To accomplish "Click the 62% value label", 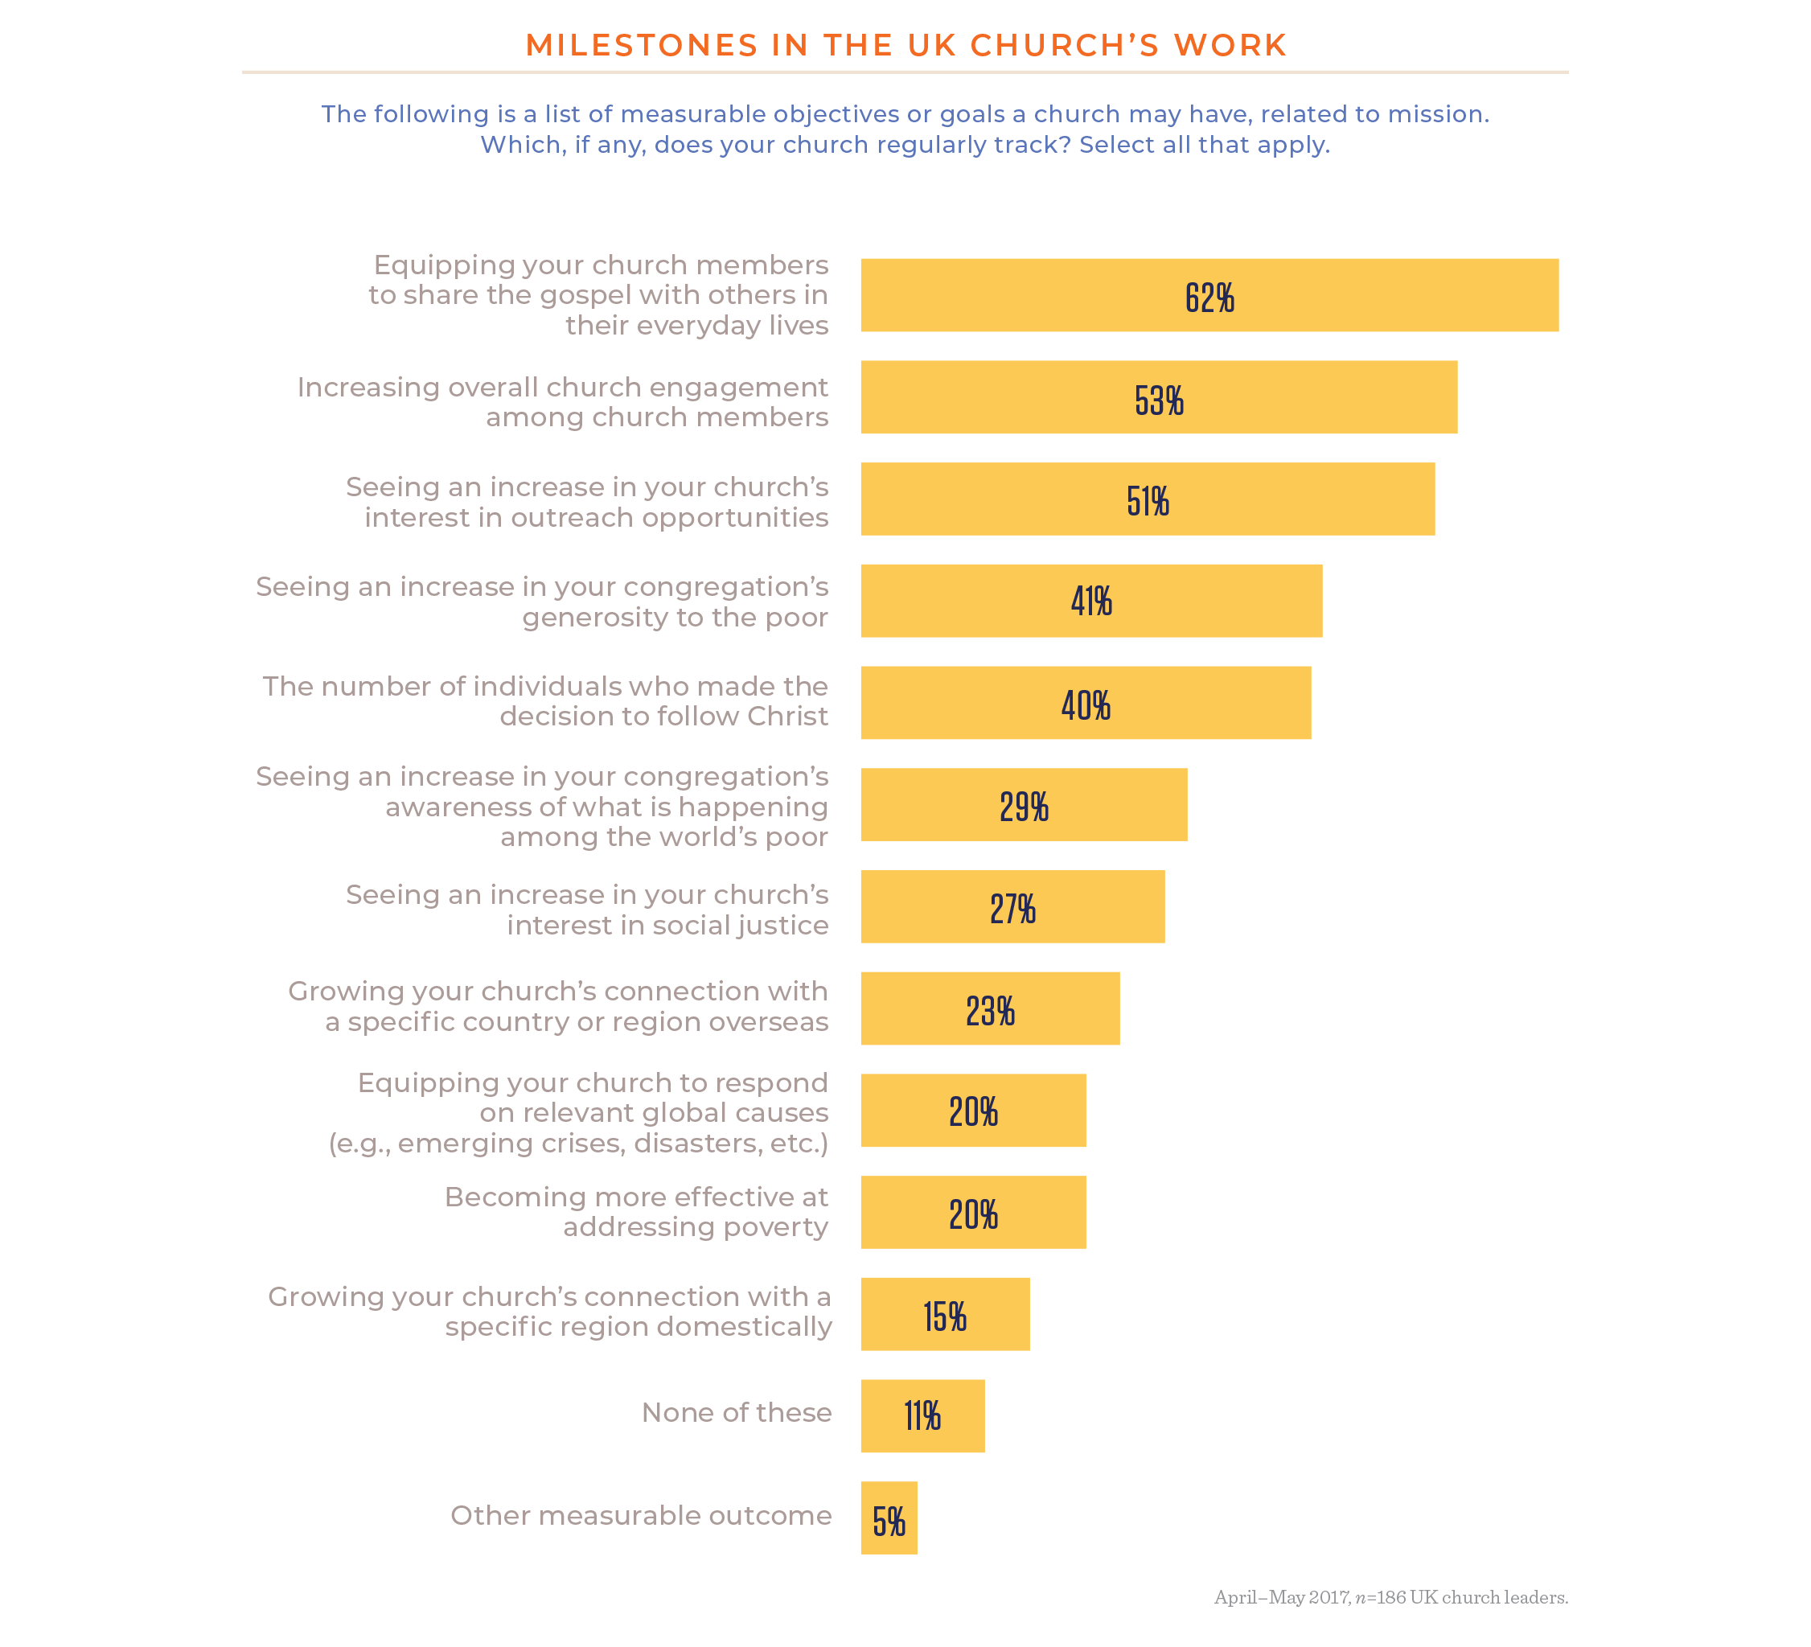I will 1209,298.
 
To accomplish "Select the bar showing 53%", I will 1158,397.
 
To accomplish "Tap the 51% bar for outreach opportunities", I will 1147,499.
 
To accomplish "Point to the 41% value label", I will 1091,601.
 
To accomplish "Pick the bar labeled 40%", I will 1085,703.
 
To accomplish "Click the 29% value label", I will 1024,807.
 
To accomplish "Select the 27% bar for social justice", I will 1012,906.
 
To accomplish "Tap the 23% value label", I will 990,1011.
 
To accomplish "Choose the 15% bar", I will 944,1313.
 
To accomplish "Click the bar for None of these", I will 922,1416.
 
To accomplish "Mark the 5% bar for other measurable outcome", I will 889,1518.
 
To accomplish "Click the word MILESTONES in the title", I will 642,45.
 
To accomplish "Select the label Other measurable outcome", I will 640,1516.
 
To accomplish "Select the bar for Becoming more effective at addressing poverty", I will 973,1212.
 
